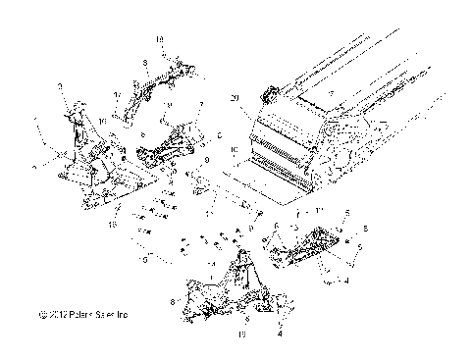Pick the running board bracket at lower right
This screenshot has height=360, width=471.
tap(309, 245)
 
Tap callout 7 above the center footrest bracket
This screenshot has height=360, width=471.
tap(200, 104)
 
